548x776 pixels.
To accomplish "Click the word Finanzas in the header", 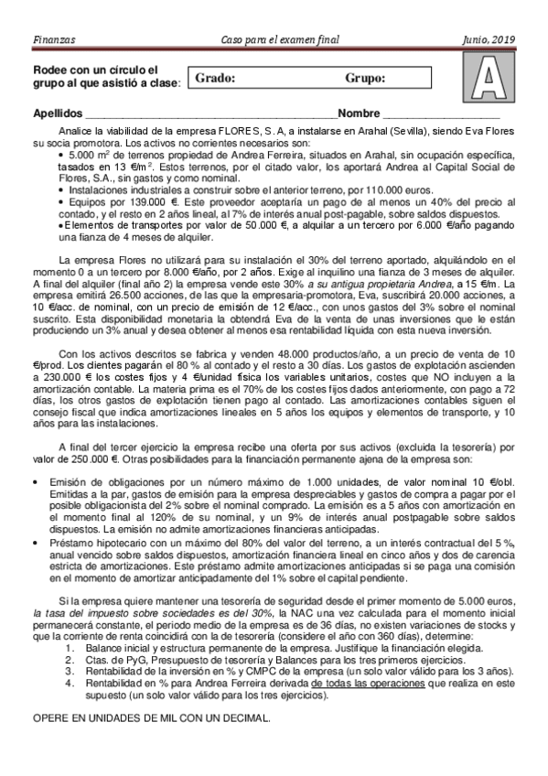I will point(53,39).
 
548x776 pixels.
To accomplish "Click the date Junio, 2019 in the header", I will point(489,39).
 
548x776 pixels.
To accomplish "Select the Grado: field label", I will point(215,79).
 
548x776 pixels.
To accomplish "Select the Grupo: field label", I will point(365,79).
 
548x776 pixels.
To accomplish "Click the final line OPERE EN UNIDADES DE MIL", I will point(151,718).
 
